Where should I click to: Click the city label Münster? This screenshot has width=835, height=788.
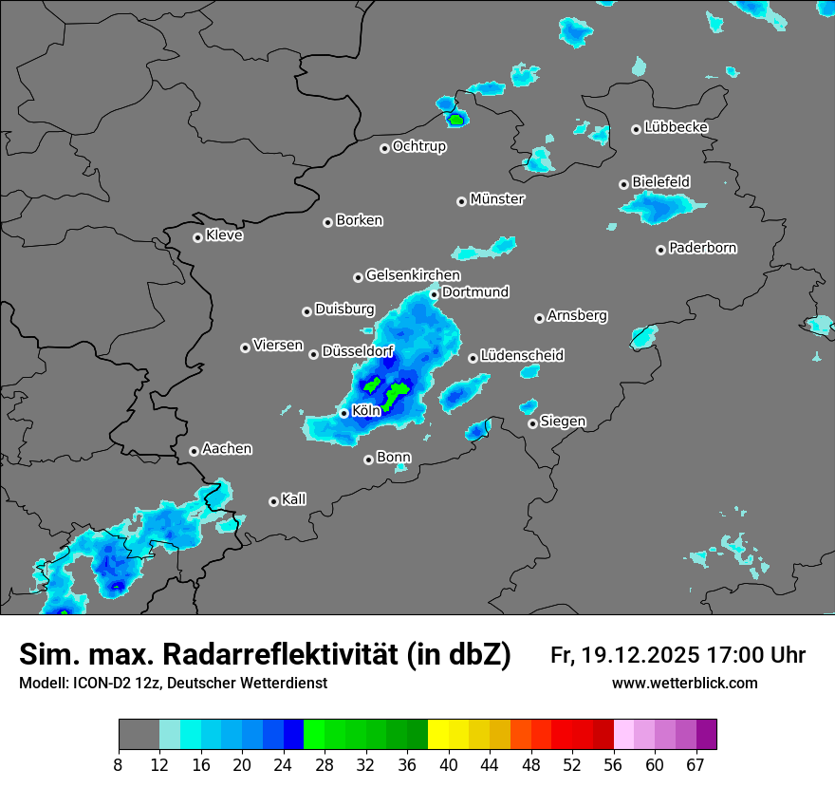coord(497,199)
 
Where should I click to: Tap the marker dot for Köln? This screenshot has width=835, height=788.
coord(343,413)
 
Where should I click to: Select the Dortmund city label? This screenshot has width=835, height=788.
coord(475,292)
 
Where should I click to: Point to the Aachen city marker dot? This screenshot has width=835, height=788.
coord(194,451)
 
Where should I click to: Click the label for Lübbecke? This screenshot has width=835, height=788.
coord(676,127)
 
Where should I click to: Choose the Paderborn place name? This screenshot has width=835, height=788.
coord(702,248)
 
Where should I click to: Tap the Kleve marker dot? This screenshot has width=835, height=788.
coord(197,237)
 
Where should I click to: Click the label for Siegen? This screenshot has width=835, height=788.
coord(563,422)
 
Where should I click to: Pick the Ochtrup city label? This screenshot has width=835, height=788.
coord(418,146)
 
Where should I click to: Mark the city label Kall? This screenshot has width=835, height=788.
coord(293,499)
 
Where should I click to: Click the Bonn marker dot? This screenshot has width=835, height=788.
coord(368,460)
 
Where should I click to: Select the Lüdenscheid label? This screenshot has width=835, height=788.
coord(522,356)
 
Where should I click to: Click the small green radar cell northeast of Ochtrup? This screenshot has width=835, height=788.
coord(456,121)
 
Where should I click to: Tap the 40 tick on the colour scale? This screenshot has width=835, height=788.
coord(449,765)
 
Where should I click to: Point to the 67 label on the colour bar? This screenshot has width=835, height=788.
coord(696,765)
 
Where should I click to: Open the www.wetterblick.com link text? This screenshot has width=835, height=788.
coord(684,684)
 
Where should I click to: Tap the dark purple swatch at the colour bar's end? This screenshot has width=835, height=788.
coord(706,735)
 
